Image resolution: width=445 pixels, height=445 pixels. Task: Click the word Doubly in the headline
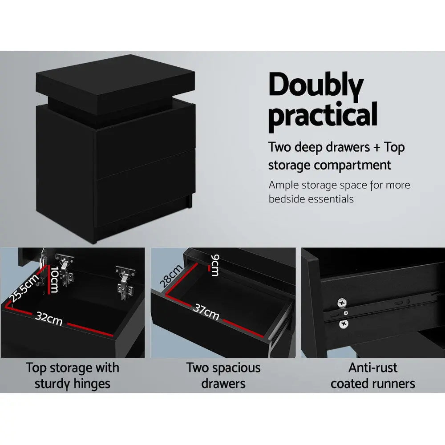[x=316, y=87]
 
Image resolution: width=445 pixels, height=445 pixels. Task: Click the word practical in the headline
[x=323, y=115]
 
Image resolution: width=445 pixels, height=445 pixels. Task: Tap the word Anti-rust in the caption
[x=373, y=368]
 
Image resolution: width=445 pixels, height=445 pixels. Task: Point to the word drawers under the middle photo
[x=223, y=384]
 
